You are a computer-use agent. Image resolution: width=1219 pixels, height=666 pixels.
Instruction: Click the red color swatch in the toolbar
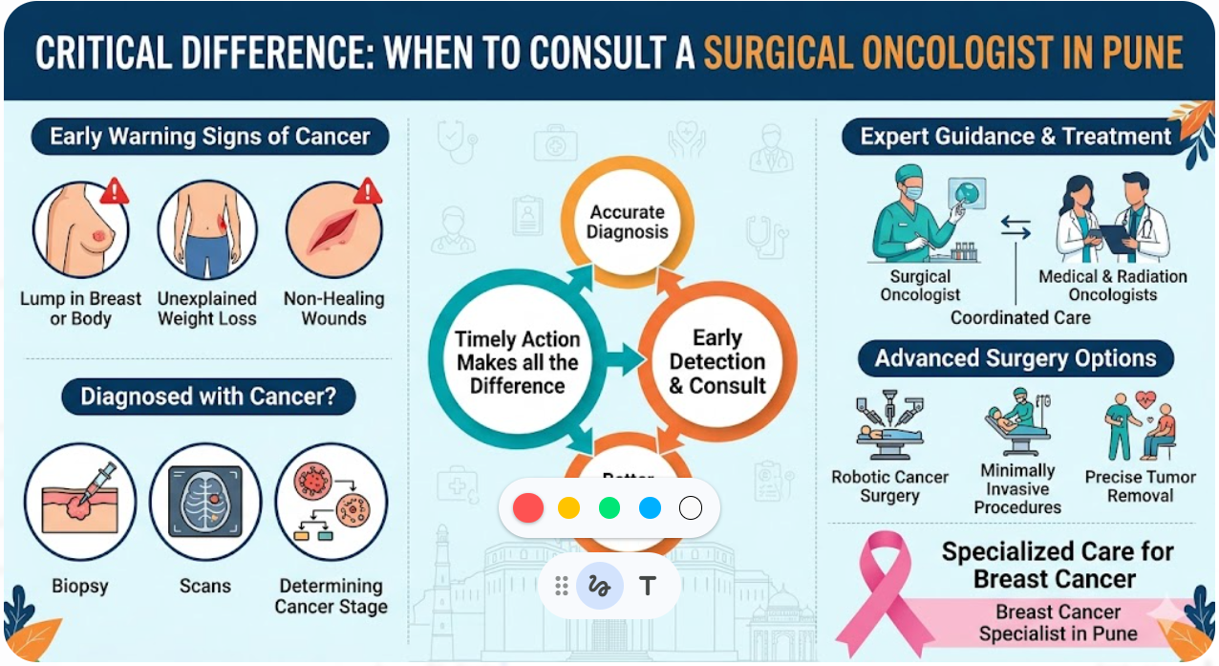pyautogui.click(x=527, y=507)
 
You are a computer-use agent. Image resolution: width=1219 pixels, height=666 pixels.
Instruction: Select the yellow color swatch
pyautogui.click(x=568, y=507)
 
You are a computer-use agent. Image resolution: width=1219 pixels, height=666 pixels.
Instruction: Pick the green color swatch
pyautogui.click(x=609, y=507)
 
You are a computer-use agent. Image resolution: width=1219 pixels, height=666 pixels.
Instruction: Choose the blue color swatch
pyautogui.click(x=650, y=507)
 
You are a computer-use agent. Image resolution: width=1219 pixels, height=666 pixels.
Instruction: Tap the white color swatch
pyautogui.click(x=691, y=507)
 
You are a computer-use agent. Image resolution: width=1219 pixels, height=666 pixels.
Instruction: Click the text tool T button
pyautogui.click(x=648, y=586)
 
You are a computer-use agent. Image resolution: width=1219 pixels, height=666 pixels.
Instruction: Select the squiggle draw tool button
pyautogui.click(x=600, y=586)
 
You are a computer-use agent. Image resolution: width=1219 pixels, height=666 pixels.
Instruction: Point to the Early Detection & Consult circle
pyautogui.click(x=716, y=362)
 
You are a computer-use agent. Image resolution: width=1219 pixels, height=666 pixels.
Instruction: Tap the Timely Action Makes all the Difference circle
pyautogui.click(x=517, y=362)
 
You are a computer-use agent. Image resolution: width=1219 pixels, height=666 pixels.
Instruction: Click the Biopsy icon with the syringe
pyautogui.click(x=80, y=501)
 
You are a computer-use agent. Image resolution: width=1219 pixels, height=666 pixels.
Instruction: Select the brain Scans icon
pyautogui.click(x=205, y=501)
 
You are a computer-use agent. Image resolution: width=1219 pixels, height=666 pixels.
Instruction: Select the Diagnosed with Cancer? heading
pyautogui.click(x=208, y=397)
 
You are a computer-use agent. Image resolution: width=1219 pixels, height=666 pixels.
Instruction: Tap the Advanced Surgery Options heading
pyautogui.click(x=1016, y=359)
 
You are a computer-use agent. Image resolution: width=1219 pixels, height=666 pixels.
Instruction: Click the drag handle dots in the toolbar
pyautogui.click(x=562, y=586)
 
